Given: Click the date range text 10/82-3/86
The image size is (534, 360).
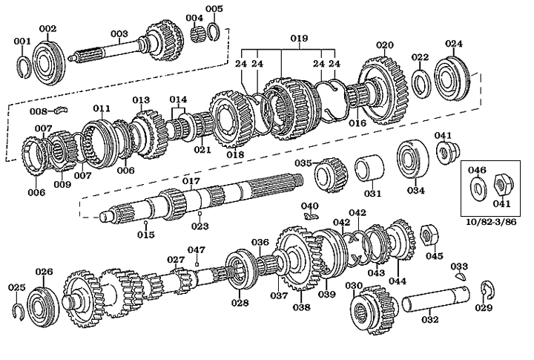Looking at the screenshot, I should tap(492, 222).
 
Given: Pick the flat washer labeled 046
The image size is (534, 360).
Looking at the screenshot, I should tap(476, 186).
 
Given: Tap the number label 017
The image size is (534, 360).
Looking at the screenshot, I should tap(191, 181).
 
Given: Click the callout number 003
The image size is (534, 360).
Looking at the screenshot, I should tap(119, 33).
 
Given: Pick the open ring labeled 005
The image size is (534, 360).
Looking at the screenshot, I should tap(214, 31).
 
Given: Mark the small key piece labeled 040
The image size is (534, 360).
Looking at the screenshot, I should tap(311, 215).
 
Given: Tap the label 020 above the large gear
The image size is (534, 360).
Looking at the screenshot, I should tap(384, 45).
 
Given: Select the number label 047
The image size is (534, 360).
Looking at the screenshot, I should tap(196, 249).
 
